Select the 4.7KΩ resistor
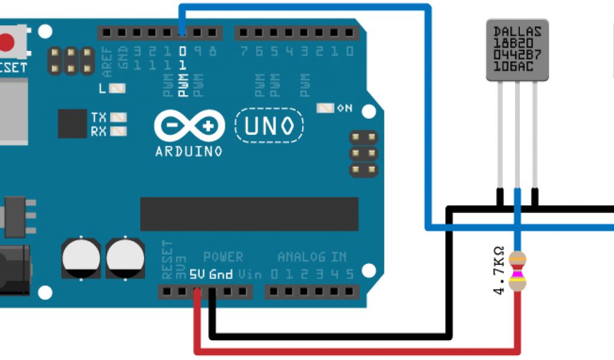(517, 271)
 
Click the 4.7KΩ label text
(499, 271)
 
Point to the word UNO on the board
(269, 125)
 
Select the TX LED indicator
(119, 117)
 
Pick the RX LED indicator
(119, 131)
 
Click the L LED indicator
(119, 88)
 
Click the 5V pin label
(197, 275)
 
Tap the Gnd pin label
(221, 275)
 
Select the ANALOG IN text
(312, 257)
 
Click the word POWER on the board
(223, 257)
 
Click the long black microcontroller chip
(249, 214)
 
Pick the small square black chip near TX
(73, 124)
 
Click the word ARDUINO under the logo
(189, 151)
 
